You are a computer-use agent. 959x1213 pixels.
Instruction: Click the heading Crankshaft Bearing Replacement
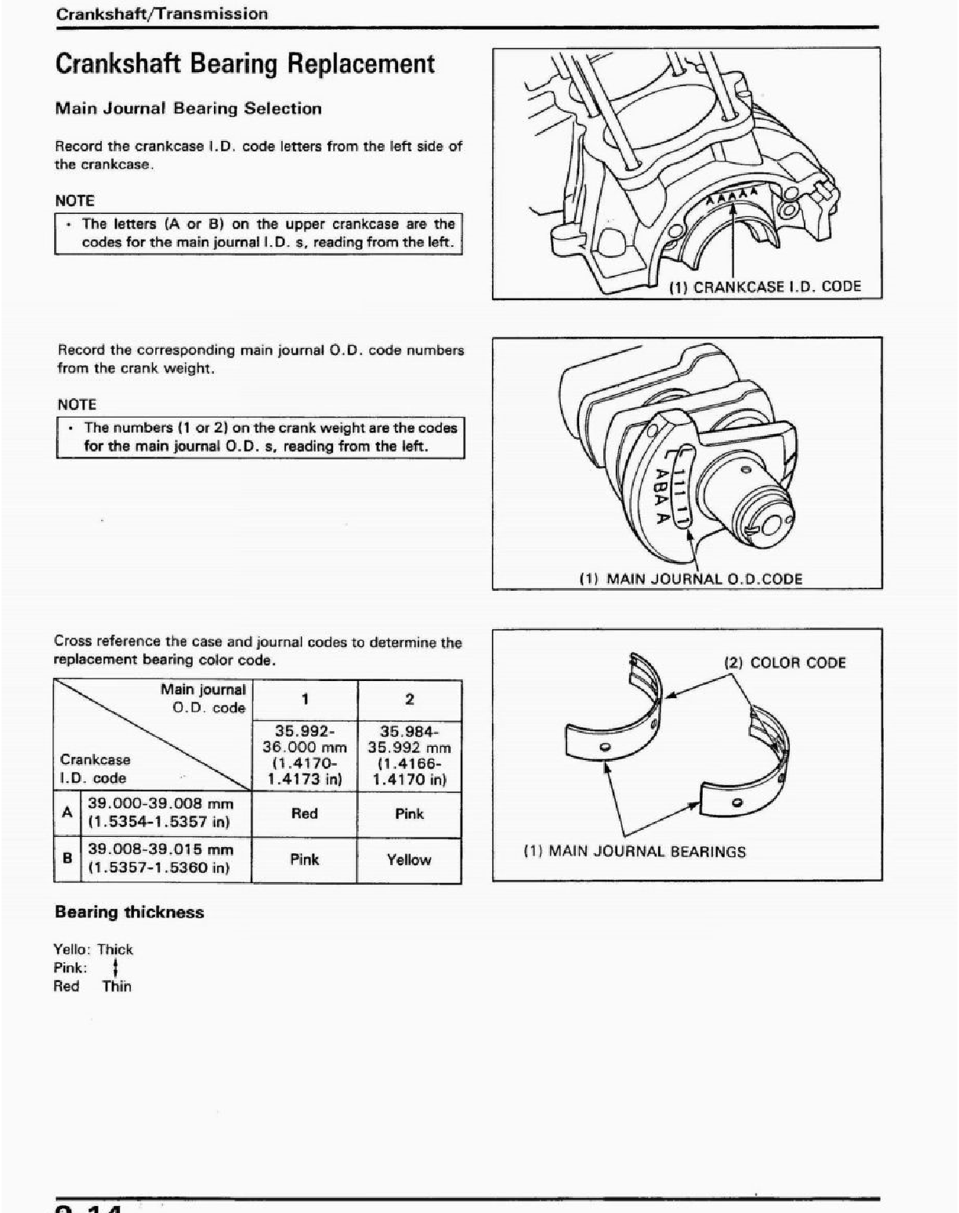(244, 63)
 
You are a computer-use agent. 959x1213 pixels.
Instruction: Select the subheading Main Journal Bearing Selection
(188, 109)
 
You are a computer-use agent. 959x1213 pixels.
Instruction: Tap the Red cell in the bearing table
(304, 813)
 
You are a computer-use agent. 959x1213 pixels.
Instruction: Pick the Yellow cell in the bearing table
(409, 860)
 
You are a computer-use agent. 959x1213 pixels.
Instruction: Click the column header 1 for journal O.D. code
(305, 699)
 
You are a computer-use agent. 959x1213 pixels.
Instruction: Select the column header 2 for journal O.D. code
(409, 699)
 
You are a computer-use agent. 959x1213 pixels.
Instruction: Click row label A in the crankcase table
(67, 813)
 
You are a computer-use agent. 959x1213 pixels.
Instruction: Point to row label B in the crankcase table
(67, 858)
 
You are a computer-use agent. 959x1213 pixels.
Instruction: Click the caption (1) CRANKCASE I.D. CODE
(765, 287)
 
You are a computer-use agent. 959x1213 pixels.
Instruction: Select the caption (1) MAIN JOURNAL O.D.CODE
(690, 579)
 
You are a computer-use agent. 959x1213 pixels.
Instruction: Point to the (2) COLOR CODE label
(785, 663)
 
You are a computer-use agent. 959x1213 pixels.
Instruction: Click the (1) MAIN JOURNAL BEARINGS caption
(635, 852)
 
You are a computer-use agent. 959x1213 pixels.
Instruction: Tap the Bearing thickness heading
(129, 912)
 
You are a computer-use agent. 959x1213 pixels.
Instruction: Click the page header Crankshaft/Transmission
(162, 14)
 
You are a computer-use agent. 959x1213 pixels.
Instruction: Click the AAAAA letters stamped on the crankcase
(733, 194)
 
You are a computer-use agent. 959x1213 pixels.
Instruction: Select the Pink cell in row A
(409, 813)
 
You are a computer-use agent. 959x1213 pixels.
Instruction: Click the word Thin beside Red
(117, 987)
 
